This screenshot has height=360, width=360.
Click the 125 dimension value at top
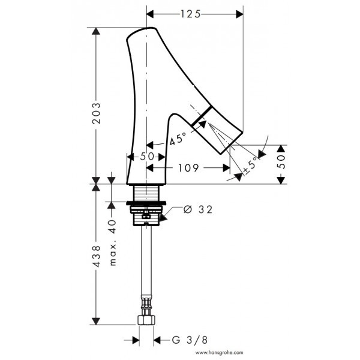point(191,14)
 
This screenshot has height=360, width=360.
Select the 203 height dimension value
point(96,113)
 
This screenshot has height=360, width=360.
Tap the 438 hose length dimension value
point(96,256)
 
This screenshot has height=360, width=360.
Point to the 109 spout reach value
point(188,168)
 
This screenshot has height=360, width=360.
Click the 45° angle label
point(178,139)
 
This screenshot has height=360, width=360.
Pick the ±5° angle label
point(250,164)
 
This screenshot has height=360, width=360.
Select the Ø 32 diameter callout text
point(198,209)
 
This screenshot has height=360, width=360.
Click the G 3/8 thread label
point(190,340)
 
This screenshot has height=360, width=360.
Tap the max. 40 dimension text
point(113,242)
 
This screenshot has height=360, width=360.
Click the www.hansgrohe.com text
point(219,352)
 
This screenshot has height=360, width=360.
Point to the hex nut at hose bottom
point(146,320)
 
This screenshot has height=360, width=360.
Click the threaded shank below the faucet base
point(146,193)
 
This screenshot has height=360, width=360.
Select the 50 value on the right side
point(281,161)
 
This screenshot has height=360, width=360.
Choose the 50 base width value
point(147,157)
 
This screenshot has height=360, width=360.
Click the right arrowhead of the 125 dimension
point(239,14)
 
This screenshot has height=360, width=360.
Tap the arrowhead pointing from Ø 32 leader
point(163,218)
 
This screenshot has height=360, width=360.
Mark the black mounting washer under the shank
point(146,203)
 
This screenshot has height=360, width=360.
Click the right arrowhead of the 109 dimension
point(226,168)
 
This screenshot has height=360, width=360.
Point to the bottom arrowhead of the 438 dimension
point(96,321)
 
